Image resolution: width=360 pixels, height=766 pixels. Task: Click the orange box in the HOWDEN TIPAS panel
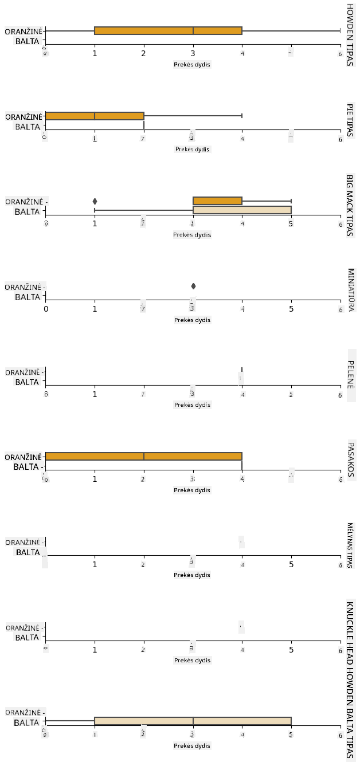click(x=168, y=30)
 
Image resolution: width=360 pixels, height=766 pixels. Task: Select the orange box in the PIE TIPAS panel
click(x=95, y=116)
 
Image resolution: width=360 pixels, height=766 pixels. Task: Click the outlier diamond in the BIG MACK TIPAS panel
click(x=95, y=201)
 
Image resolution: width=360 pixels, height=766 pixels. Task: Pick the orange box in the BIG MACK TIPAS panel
click(x=218, y=201)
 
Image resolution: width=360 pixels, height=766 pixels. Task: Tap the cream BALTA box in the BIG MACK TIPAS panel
click(x=242, y=210)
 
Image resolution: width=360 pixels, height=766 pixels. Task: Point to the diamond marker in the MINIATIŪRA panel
click(x=193, y=286)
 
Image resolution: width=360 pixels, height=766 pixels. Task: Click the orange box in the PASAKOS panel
click(x=144, y=456)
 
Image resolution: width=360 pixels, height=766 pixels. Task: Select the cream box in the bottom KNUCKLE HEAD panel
click(x=193, y=721)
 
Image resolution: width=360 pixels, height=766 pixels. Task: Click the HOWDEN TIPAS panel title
click(x=350, y=35)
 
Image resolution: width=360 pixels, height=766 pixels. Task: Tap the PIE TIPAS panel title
click(x=349, y=120)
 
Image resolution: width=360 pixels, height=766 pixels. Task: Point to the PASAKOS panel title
click(x=350, y=459)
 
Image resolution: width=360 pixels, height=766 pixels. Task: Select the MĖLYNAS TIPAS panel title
click(x=350, y=545)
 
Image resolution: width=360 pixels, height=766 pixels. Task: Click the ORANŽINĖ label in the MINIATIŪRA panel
click(x=23, y=287)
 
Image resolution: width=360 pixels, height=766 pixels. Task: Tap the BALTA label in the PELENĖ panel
click(x=27, y=382)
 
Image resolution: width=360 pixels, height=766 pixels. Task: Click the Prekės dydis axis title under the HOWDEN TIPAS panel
click(x=192, y=64)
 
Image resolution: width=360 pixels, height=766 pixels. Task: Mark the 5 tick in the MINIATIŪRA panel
click(x=291, y=309)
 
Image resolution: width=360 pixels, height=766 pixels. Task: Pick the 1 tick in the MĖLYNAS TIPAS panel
click(x=95, y=564)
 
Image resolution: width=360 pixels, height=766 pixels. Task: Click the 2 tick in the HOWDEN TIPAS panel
click(x=144, y=53)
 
